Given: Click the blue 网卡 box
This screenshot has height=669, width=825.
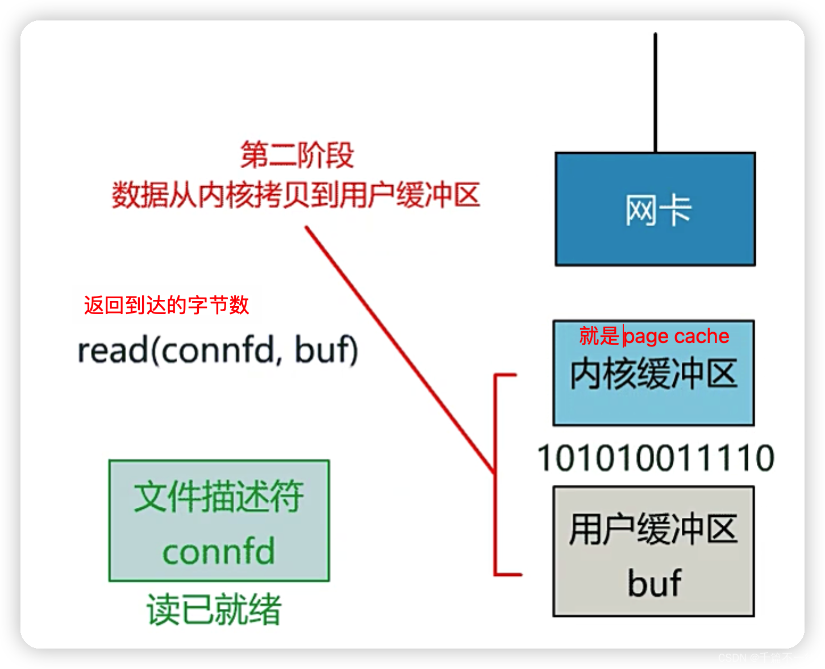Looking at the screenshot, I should tap(655, 209).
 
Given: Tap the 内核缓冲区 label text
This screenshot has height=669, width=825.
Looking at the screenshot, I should tap(653, 374).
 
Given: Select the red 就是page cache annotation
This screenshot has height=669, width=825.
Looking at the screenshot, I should tap(653, 336).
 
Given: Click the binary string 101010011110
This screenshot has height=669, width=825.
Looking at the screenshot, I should tap(655, 458).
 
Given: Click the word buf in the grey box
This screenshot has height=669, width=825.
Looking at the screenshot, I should tap(654, 583).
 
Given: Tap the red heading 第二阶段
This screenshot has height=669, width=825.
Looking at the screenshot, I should tap(297, 155).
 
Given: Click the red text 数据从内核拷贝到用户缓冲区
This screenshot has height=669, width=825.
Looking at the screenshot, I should tap(295, 195).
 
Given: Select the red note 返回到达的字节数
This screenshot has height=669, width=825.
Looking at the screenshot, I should tap(166, 305).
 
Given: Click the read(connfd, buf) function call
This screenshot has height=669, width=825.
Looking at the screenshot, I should tap(218, 350).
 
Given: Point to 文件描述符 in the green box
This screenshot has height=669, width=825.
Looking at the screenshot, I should tap(219, 496).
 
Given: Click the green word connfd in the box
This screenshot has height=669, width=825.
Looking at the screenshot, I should tap(219, 551).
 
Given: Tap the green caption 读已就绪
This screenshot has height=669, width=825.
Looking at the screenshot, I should tap(214, 610).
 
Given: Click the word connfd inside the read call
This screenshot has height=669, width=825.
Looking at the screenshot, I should tap(219, 350).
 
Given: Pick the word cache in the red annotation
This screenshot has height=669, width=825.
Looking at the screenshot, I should tap(702, 336).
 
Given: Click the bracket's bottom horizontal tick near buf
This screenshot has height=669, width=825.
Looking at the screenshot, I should tap(508, 574).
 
